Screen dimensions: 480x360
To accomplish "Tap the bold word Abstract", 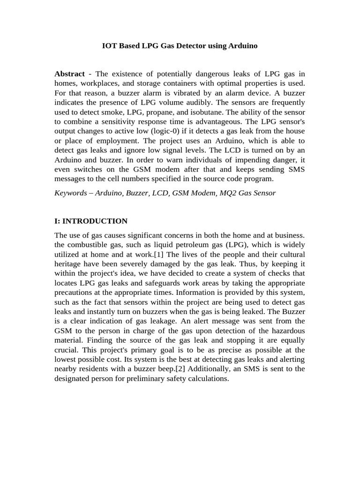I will coord(69,74).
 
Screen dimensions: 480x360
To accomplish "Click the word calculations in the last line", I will coord(206,378).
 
